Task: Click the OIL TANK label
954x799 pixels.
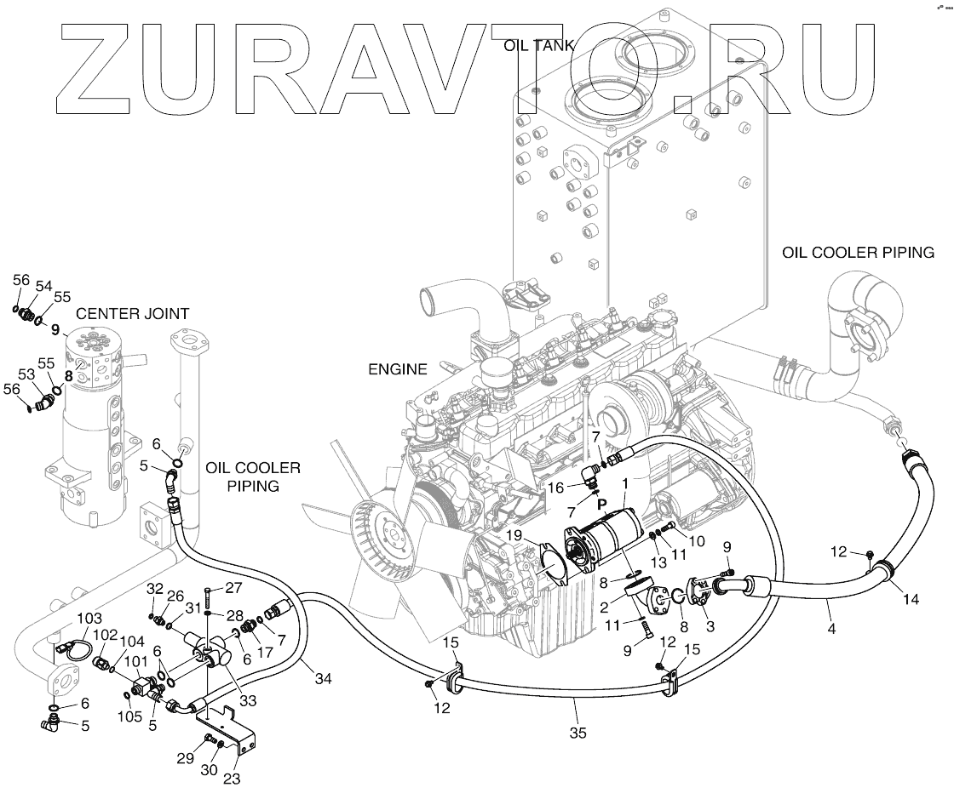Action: click(x=538, y=45)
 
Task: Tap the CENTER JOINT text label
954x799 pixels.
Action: click(x=132, y=313)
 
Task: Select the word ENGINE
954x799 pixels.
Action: click(x=397, y=369)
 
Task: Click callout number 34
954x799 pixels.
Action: click(x=322, y=678)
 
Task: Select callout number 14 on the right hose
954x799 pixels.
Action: click(x=911, y=599)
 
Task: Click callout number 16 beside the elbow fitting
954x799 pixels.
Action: click(x=555, y=488)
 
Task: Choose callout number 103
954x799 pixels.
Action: click(x=89, y=618)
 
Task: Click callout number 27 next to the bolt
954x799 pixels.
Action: click(x=233, y=587)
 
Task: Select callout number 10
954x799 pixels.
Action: click(x=697, y=540)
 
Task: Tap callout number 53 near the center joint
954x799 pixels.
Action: click(x=26, y=374)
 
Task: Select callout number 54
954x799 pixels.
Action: click(x=43, y=286)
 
